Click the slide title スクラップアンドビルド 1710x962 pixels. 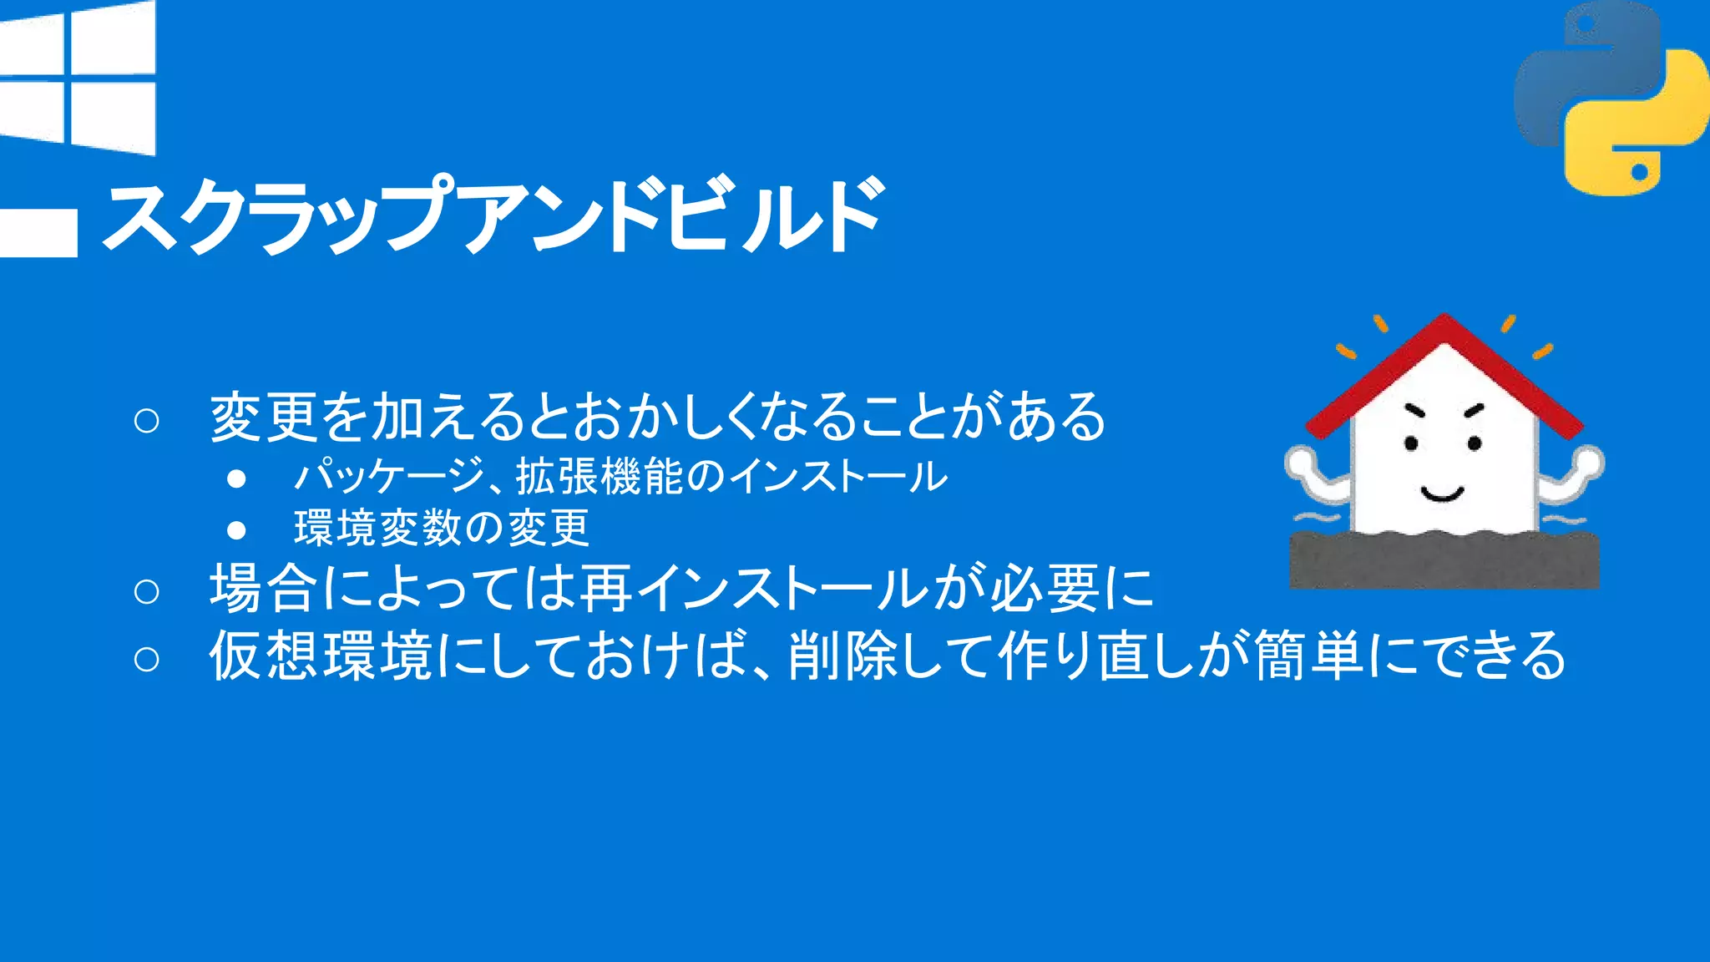[493, 215]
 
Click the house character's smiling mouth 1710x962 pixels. [1442, 494]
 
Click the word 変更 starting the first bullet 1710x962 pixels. [262, 417]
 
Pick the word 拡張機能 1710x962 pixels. [599, 477]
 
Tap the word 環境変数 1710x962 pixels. [378, 529]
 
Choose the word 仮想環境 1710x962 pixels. [320, 656]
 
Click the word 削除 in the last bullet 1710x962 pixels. [842, 656]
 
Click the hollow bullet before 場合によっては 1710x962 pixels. [146, 591]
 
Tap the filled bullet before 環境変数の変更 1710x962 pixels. [236, 530]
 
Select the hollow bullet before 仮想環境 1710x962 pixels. [146, 659]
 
